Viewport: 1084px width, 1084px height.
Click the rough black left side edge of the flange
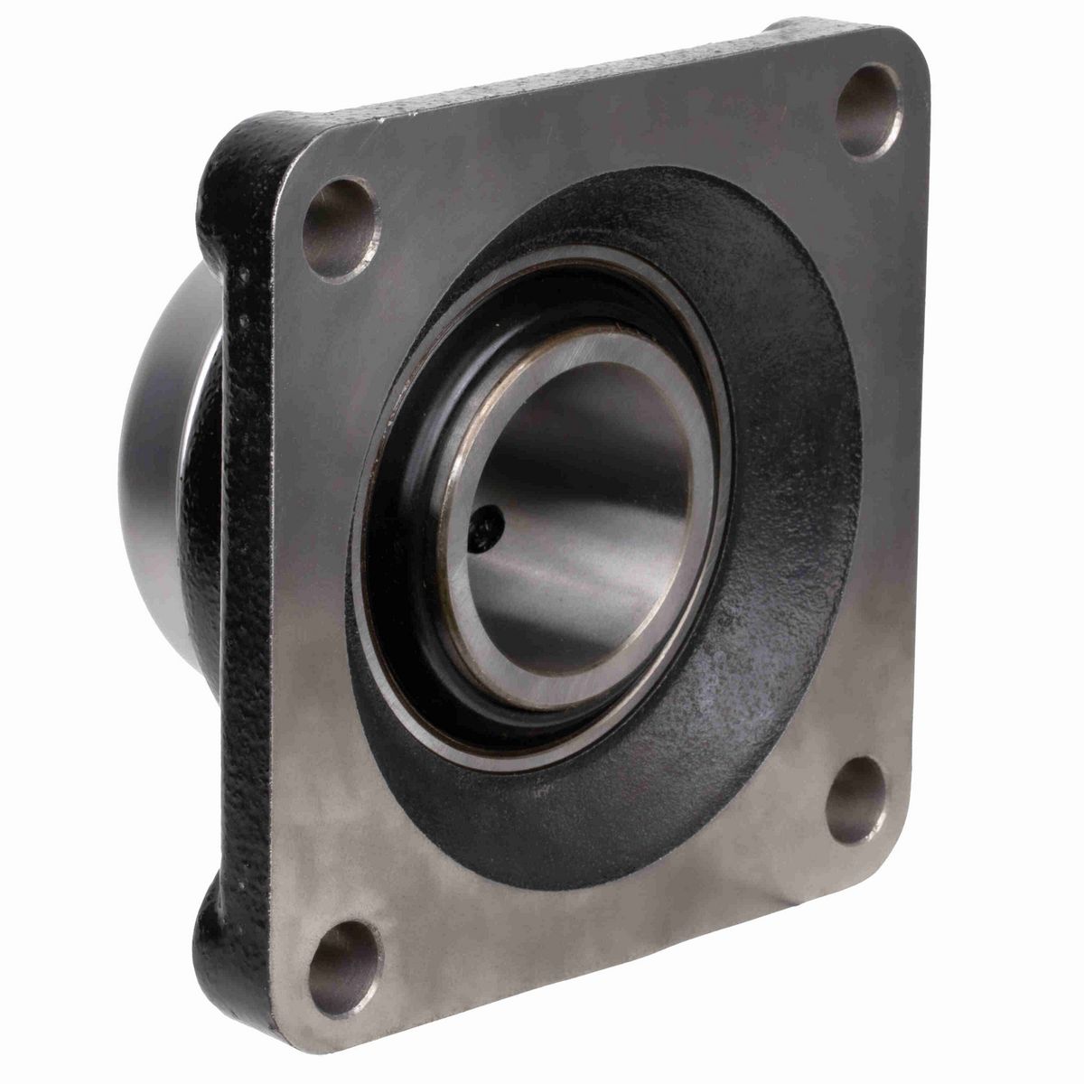point(244,587)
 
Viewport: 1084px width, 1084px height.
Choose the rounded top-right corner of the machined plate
point(912,50)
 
